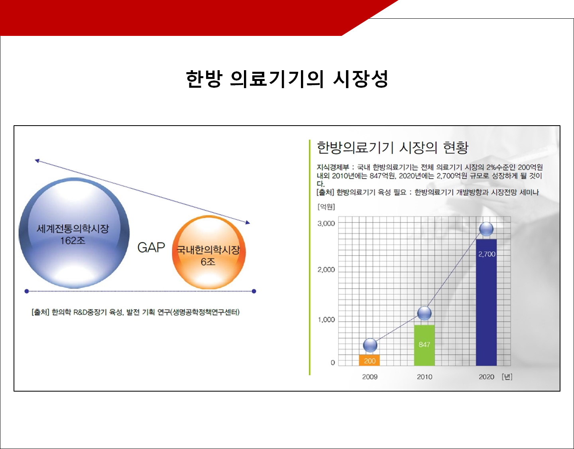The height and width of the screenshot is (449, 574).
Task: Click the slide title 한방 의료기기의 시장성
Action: pyautogui.click(x=287, y=79)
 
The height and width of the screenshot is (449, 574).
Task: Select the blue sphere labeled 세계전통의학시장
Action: pyautogui.click(x=74, y=233)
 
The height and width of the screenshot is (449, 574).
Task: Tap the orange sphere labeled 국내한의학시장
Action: pyautogui.click(x=209, y=252)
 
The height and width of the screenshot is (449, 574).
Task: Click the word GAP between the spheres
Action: pyautogui.click(x=151, y=248)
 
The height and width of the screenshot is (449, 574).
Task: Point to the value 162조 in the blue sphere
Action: pyautogui.click(x=73, y=240)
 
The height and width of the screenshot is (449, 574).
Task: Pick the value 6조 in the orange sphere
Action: pyautogui.click(x=208, y=262)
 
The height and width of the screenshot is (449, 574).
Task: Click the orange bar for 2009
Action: pyautogui.click(x=369, y=360)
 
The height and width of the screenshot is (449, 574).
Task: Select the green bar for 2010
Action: pyautogui.click(x=424, y=345)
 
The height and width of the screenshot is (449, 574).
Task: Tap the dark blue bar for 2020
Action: pyautogui.click(x=486, y=302)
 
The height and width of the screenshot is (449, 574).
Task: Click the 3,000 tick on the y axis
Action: pyautogui.click(x=326, y=223)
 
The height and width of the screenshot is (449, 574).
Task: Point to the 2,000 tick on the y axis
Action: pyautogui.click(x=326, y=270)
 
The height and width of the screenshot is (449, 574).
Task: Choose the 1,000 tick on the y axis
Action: pyautogui.click(x=326, y=319)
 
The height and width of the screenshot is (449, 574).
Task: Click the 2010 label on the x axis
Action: pyautogui.click(x=425, y=377)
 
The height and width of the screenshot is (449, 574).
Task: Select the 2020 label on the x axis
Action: pyautogui.click(x=486, y=377)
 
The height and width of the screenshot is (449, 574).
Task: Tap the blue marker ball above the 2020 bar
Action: pyautogui.click(x=486, y=229)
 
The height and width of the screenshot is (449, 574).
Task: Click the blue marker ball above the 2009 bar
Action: pyautogui.click(x=370, y=345)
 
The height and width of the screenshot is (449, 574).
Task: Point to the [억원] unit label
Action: pyautogui.click(x=326, y=207)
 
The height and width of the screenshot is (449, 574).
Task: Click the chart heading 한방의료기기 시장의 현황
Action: pyautogui.click(x=392, y=148)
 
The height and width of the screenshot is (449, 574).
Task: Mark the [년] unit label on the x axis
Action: pyautogui.click(x=507, y=377)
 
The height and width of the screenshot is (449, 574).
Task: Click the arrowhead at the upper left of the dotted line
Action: pyautogui.click(x=37, y=161)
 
